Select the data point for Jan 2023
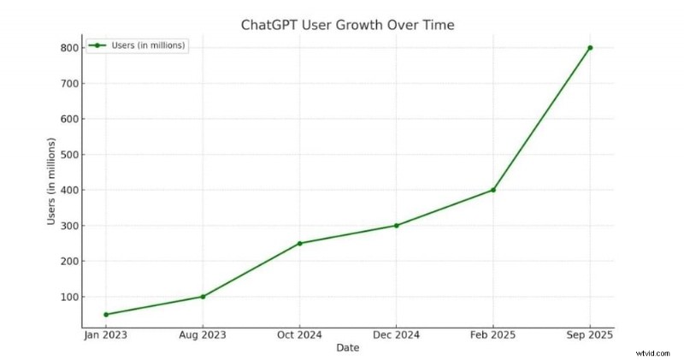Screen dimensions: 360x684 (105, 315)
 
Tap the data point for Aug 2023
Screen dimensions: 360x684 (203, 297)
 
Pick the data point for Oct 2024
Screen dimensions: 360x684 (299, 243)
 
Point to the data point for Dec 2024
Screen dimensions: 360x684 (396, 226)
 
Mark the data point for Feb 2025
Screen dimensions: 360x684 (493, 190)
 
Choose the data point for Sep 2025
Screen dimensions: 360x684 (590, 48)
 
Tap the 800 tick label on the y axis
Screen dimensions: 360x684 (68, 48)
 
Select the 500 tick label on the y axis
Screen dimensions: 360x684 (68, 155)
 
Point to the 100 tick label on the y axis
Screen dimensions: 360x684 (68, 297)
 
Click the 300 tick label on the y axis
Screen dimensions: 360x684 (68, 226)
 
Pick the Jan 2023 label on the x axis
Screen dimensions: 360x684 (105, 335)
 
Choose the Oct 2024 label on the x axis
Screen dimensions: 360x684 (299, 335)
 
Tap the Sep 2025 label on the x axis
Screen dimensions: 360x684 (590, 335)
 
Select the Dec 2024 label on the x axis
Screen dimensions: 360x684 (396, 335)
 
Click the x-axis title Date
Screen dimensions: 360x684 (347, 348)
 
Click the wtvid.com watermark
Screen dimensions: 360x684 (652, 350)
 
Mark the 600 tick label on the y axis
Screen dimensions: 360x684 (68, 119)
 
